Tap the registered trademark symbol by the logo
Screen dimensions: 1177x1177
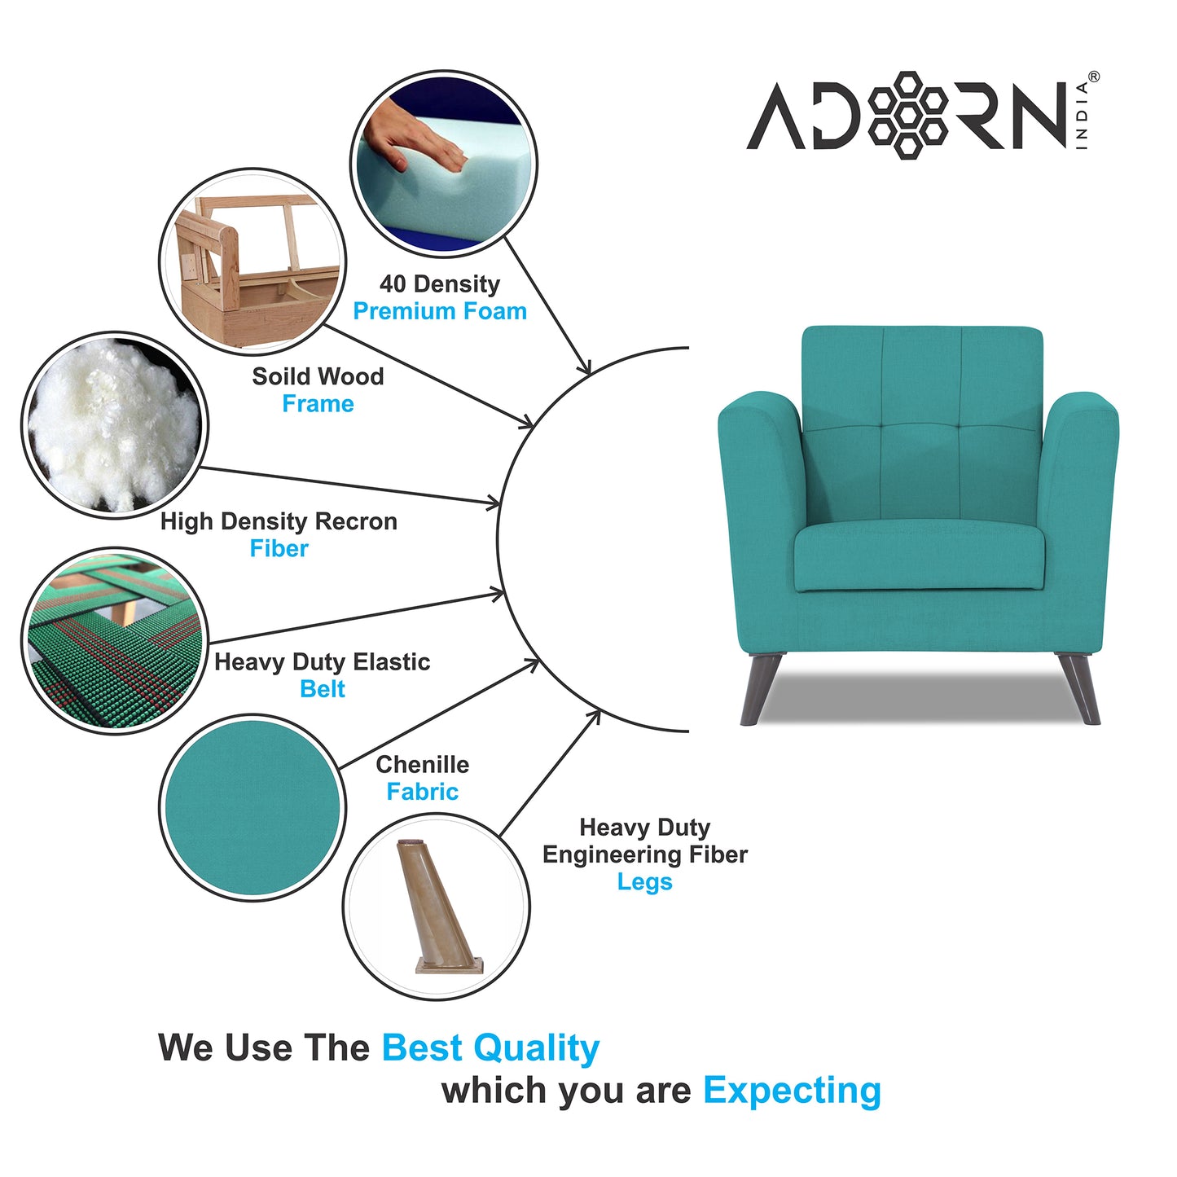tap(1093, 77)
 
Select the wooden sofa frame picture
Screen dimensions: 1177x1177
tap(253, 261)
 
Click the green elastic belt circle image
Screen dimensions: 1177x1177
tap(114, 640)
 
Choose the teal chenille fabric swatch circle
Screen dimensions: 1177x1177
tap(253, 807)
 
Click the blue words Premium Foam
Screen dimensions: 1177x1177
tap(440, 311)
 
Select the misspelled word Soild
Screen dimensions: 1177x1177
tap(278, 376)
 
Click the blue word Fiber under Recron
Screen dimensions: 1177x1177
tap(279, 549)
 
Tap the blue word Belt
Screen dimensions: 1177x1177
tap(323, 689)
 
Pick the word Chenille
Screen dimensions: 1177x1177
tap(422, 765)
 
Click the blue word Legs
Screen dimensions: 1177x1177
tap(644, 882)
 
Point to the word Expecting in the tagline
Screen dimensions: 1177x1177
tap(792, 1091)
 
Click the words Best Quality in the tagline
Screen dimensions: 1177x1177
tap(490, 1048)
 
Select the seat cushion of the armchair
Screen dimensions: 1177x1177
tap(919, 558)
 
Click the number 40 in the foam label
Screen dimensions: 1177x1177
tap(393, 284)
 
